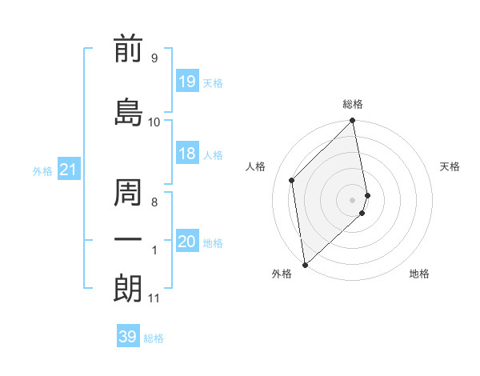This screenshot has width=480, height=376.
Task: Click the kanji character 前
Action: coord(128,50)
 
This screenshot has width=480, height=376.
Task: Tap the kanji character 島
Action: coord(128,111)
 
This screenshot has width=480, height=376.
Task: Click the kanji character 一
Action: coord(128,240)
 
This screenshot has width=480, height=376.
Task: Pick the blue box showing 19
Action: coord(187,81)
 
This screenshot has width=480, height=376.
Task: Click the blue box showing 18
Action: coord(187,154)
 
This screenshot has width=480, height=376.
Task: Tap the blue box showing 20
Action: coord(187,242)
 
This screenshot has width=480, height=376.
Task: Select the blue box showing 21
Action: coord(68,170)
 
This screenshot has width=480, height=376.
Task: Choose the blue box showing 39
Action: coord(128,337)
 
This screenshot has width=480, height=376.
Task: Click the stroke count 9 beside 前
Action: coord(154,58)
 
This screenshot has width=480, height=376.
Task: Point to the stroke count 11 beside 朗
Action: coord(154,298)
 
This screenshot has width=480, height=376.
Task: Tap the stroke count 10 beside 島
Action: coord(154,122)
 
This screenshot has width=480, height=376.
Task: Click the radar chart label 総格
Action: coord(353,104)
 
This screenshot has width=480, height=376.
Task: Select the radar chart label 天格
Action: coord(450,166)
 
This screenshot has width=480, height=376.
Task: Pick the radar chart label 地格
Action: coord(419,274)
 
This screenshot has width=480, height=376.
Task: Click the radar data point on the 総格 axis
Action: coord(353,122)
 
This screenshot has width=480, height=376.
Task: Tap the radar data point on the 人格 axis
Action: coord(292,180)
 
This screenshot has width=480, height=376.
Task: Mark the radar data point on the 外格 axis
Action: coord(305,264)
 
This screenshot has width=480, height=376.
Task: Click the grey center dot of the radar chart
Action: coord(353,199)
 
